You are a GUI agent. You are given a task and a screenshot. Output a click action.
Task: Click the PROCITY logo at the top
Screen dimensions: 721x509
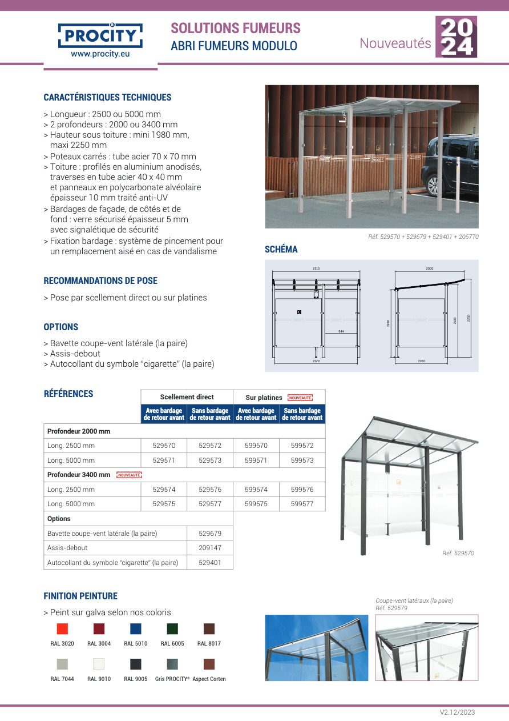[x=100, y=36]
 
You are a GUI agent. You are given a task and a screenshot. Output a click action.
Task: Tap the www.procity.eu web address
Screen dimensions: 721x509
[x=100, y=54]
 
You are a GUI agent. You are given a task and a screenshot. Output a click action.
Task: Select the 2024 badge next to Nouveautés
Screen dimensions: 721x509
[x=456, y=37]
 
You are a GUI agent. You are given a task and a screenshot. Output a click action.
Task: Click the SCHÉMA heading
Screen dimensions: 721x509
[x=281, y=249]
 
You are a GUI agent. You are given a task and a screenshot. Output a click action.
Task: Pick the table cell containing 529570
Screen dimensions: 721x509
[x=164, y=446]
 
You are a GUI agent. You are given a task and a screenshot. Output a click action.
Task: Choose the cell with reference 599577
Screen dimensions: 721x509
[x=302, y=504]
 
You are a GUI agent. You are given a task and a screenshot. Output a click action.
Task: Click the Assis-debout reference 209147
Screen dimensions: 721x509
[x=210, y=547]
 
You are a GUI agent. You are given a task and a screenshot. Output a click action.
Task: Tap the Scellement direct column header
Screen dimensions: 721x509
[x=187, y=397]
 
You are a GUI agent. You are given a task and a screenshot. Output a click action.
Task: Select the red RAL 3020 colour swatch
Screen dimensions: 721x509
[x=62, y=628]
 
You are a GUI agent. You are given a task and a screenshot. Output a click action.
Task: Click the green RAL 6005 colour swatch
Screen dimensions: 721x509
[x=172, y=628]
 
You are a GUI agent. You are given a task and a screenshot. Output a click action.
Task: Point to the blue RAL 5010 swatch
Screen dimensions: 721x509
[x=136, y=628]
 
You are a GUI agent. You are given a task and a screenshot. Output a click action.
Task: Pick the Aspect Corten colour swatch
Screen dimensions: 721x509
[x=209, y=664]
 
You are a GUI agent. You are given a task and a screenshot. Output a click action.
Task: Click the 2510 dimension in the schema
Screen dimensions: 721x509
[x=316, y=268]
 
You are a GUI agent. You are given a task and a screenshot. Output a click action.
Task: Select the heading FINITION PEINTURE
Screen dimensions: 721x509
[x=80, y=596]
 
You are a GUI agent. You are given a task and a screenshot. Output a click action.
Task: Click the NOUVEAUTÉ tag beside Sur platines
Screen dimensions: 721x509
[x=300, y=398]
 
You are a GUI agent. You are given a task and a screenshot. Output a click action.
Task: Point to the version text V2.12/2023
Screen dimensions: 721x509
[x=457, y=712]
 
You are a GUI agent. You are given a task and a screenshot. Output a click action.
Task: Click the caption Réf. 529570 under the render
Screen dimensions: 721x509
[x=458, y=553]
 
